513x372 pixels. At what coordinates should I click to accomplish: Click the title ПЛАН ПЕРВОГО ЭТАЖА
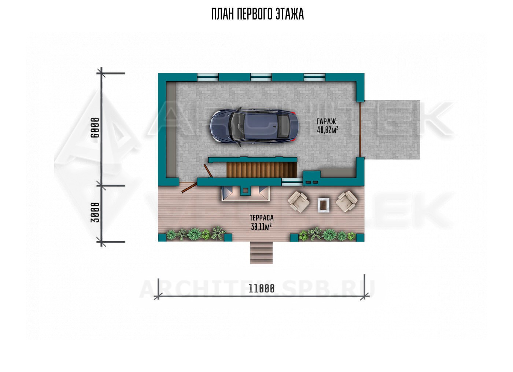pyautogui.click(x=257, y=14)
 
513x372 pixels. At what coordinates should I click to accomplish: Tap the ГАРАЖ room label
pyautogui.click(x=326, y=121)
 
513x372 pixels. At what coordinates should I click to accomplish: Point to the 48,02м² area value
pyautogui.click(x=328, y=130)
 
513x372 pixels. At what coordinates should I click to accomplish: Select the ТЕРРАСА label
pyautogui.click(x=262, y=218)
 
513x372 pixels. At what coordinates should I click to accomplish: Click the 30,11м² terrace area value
pyautogui.click(x=261, y=226)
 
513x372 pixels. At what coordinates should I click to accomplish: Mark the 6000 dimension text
pyautogui.click(x=95, y=128)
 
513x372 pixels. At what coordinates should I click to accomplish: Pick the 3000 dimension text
pyautogui.click(x=95, y=212)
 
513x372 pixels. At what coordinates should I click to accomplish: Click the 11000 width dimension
pyautogui.click(x=262, y=289)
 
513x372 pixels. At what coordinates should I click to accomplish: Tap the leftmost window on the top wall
pyautogui.click(x=208, y=77)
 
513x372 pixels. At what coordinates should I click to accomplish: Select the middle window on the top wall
pyautogui.click(x=261, y=77)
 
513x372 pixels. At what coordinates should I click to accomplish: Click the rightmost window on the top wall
pyautogui.click(x=315, y=77)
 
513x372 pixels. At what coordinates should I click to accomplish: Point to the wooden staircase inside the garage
pyautogui.click(x=262, y=169)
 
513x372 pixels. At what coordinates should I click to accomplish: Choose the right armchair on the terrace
pyautogui.click(x=347, y=201)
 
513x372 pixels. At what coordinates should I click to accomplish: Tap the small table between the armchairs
pyautogui.click(x=324, y=205)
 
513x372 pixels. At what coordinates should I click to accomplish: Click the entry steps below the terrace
pyautogui.click(x=261, y=253)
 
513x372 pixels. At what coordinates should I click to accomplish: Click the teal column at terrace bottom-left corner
pyautogui.click(x=162, y=237)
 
